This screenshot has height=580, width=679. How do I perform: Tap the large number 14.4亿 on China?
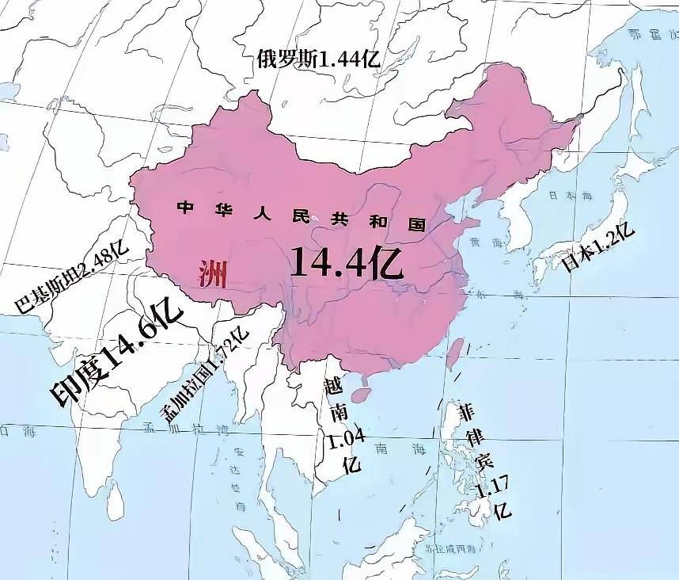(x=347, y=261)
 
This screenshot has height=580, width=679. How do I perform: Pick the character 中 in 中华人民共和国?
(x=185, y=208)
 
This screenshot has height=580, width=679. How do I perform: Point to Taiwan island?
(x=454, y=353)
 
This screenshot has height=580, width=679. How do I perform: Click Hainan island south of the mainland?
(x=361, y=392)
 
